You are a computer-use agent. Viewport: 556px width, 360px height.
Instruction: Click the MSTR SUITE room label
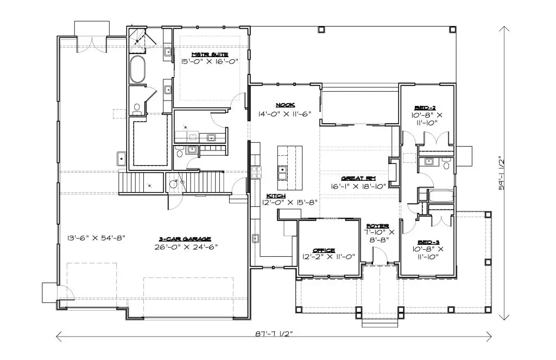coord(210,55)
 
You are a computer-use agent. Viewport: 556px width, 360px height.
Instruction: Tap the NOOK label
coord(285,105)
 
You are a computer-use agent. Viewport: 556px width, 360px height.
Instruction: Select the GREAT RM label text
coord(358,179)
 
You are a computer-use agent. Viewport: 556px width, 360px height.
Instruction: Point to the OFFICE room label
coord(324,250)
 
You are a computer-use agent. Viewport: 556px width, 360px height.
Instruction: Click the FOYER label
coord(378,226)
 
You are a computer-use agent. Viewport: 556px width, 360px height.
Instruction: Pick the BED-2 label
coord(425,108)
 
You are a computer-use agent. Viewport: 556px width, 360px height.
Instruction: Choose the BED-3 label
coord(428,242)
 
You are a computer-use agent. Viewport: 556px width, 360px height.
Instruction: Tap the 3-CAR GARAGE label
coord(185,239)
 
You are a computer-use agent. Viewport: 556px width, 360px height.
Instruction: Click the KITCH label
coord(276,196)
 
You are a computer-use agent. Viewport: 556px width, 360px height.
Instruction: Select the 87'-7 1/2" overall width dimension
coord(275,334)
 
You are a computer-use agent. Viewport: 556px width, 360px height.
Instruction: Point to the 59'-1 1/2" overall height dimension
coord(501,173)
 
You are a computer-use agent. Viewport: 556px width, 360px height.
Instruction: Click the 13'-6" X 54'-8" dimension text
coord(97,238)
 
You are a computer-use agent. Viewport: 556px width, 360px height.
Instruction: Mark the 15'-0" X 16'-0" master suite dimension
coord(210,61)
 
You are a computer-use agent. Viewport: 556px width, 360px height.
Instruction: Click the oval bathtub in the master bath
coord(137,69)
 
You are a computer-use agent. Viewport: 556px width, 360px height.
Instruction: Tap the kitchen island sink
coord(282,173)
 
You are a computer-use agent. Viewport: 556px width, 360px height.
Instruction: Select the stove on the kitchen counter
coord(256,172)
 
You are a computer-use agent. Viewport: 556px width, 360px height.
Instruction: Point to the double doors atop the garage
coord(92,44)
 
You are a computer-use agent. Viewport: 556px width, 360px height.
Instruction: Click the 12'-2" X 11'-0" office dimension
coord(328,257)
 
